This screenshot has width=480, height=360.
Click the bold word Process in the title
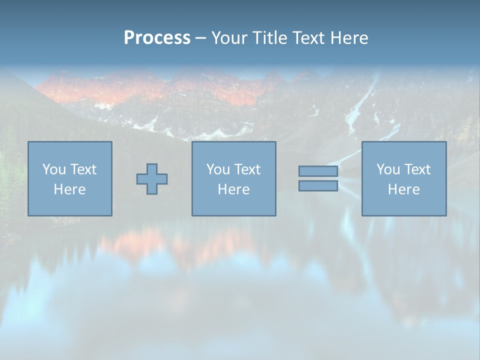(157, 38)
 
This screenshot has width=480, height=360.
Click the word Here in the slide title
(349, 38)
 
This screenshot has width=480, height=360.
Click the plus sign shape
(152, 179)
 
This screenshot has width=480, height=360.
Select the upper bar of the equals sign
(318, 171)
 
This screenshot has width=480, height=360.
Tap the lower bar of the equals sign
(318, 186)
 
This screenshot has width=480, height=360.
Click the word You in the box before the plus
(53, 169)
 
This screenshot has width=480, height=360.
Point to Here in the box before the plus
(69, 189)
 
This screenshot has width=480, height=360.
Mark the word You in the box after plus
(217, 169)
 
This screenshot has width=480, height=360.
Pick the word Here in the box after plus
(233, 189)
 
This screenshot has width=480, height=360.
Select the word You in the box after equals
(387, 169)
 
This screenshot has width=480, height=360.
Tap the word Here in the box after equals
(403, 189)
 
